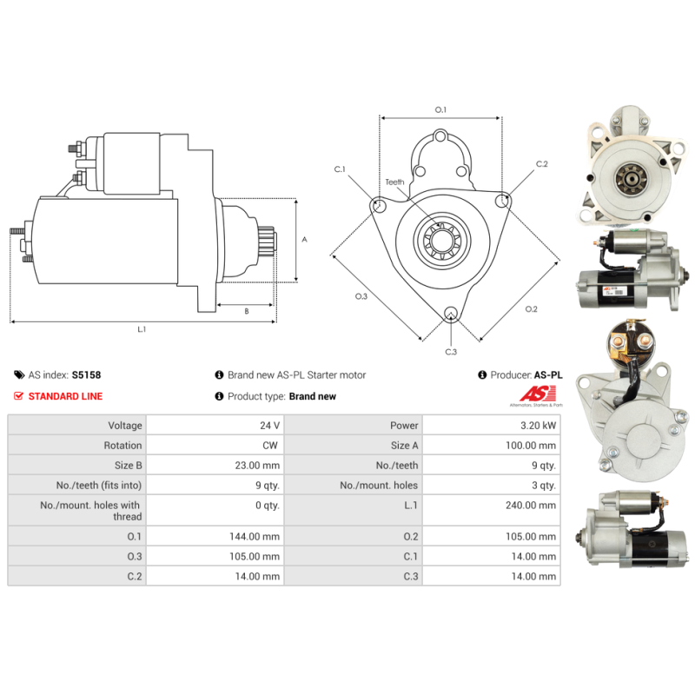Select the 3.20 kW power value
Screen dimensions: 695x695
tap(538, 426)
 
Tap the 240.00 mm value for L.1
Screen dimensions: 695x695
tap(531, 506)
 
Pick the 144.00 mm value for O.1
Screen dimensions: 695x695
tap(255, 537)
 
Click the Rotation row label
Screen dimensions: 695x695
tap(122, 446)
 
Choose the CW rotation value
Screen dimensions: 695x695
tap(270, 446)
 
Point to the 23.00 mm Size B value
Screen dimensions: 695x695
tap(257, 466)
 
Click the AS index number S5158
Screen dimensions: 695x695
tap(86, 375)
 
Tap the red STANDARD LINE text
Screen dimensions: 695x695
tap(65, 396)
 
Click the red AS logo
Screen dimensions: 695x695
tap(538, 394)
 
